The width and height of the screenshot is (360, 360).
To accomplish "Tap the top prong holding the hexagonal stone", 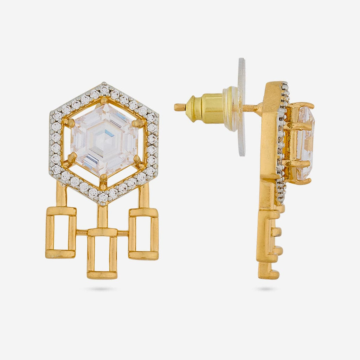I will pos(104,101).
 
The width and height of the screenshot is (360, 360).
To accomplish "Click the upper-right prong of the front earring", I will pos(139,123).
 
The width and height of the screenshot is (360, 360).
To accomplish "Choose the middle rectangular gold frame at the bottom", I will pos(102,253).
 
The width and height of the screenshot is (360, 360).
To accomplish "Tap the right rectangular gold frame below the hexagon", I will pos(143,233).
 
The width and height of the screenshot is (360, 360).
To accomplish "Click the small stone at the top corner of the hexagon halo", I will pos(104,88).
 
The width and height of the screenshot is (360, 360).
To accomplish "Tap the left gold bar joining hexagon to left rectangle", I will pos(61,195).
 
